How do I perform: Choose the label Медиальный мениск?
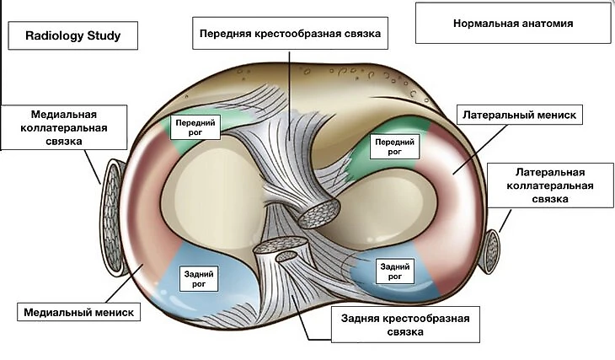click(x=77, y=312)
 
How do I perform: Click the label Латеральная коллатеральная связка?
click(x=549, y=185)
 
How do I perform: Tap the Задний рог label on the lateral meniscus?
click(x=395, y=271)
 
